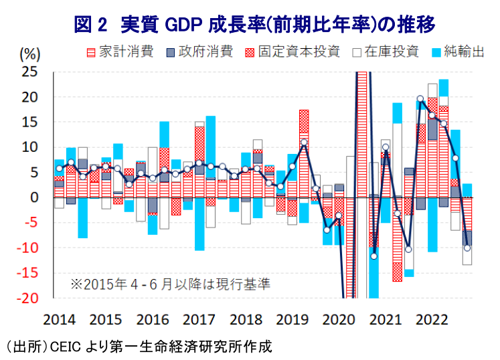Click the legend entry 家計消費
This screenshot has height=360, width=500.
pyautogui.click(x=120, y=52)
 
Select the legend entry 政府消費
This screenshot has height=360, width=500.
pyautogui.click(x=200, y=52)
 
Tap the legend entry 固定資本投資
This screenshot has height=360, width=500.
pyautogui.click(x=293, y=52)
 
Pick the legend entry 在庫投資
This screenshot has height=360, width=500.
pyautogui.click(x=386, y=52)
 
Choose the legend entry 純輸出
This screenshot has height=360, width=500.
pyautogui.click(x=459, y=52)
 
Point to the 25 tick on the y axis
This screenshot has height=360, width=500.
pyautogui.click(x=29, y=72)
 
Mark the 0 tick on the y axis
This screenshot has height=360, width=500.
pyautogui.click(x=34, y=197)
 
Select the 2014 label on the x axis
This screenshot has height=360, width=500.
pyautogui.click(x=60, y=320)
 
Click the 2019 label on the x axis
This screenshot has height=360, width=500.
pyautogui.click(x=292, y=320)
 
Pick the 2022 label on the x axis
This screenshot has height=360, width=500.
pyautogui.click(x=432, y=320)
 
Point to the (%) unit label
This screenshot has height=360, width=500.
pyautogui.click(x=30, y=54)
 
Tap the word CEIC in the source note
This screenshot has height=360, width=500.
pyautogui.click(x=66, y=347)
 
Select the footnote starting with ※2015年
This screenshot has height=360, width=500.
pyautogui.click(x=170, y=284)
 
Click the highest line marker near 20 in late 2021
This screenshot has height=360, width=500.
pyautogui.click(x=420, y=99)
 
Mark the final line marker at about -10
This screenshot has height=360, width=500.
pyautogui.click(x=467, y=248)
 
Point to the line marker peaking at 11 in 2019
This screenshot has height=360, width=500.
pyautogui.click(x=304, y=143)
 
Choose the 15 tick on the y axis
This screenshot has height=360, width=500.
pyautogui.click(x=29, y=122)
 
